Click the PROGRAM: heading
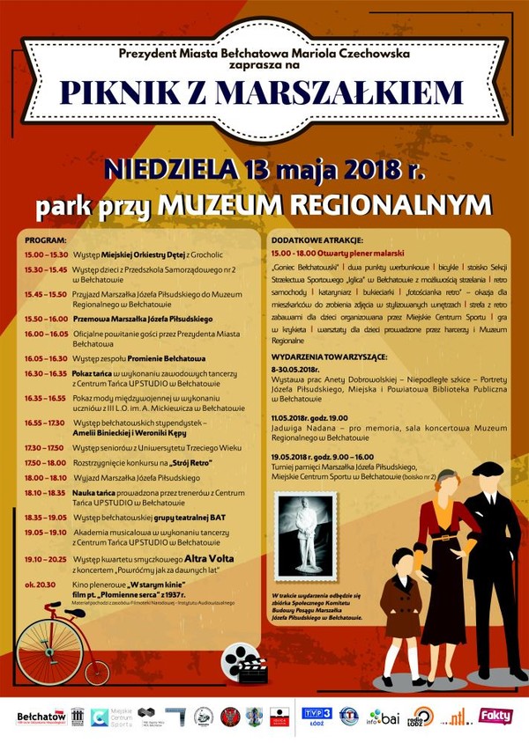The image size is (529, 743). (46, 240)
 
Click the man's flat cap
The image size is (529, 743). (487, 467)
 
